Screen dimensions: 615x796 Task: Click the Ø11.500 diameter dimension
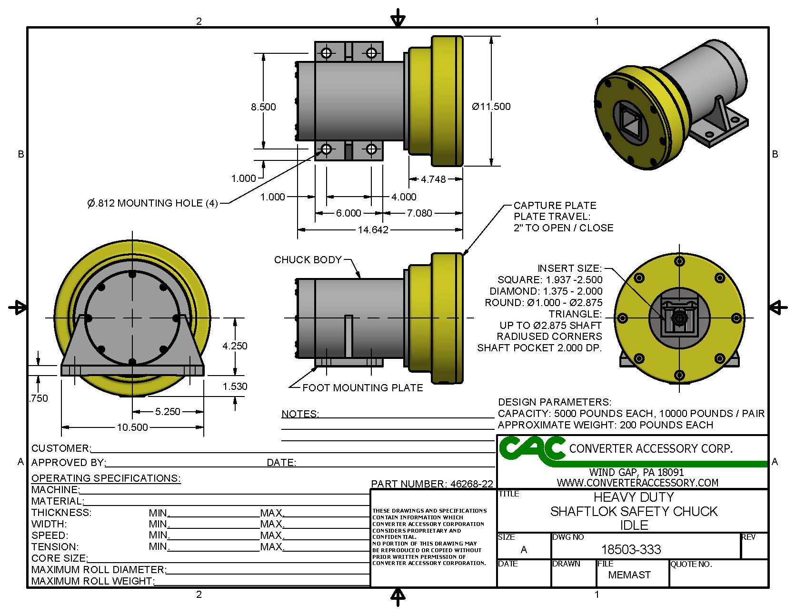pos(491,107)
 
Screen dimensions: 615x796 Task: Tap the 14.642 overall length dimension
pos(373,230)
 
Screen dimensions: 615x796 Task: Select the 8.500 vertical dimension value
pos(263,107)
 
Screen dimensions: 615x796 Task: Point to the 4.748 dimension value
pos(433,179)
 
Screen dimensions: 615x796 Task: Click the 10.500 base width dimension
pos(132,427)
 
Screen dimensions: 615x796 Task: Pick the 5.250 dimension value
pos(168,412)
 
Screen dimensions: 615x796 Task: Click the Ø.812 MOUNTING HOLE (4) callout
pos(152,203)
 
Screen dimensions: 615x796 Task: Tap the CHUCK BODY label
pos(308,260)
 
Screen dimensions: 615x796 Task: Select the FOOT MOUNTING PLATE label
pos(362,388)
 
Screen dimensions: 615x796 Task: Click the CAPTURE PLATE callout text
pos(555,206)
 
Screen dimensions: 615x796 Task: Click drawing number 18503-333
pos(631,550)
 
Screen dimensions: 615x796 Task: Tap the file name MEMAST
pos(629,575)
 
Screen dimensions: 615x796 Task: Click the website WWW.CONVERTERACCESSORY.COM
pos(637,483)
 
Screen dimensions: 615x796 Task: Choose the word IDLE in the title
pos(634,526)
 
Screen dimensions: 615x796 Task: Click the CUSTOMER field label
pos(60,448)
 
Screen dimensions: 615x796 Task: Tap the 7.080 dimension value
pos(419,213)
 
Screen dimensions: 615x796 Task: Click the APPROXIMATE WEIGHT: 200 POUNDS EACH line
pos(605,425)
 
